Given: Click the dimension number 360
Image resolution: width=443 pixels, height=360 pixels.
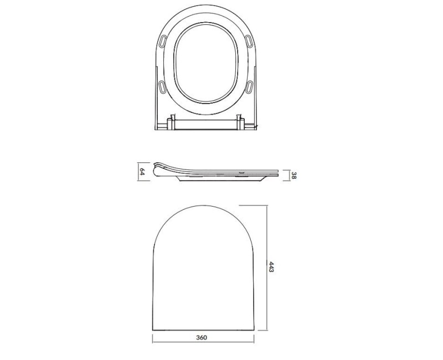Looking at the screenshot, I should click(202, 338).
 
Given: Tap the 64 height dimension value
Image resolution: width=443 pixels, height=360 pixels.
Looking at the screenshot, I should click(142, 171).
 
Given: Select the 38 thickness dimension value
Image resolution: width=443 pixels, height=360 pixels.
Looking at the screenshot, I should click(293, 176).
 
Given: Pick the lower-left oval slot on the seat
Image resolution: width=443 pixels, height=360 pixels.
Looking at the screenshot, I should click(162, 87).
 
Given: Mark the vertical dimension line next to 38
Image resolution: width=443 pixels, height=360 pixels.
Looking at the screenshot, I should click(288, 175).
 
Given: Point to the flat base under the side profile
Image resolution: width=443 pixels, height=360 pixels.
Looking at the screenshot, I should click(221, 180).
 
